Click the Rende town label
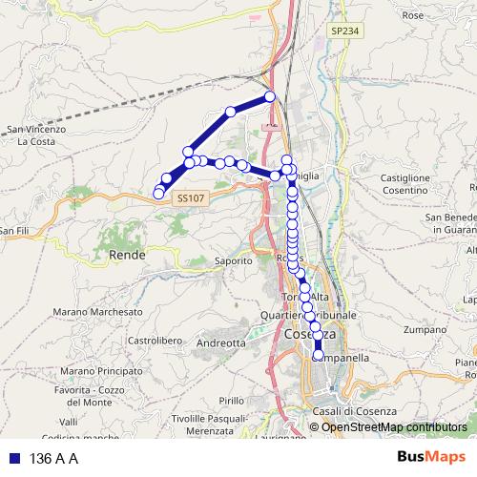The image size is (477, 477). click(127, 256)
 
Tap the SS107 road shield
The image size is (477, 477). click(189, 197)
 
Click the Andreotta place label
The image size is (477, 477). click(220, 342)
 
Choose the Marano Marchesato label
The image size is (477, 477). click(97, 311)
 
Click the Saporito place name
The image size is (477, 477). click(232, 259)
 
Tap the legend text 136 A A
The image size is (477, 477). click(53, 458)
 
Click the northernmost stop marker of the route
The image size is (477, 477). click(270, 96)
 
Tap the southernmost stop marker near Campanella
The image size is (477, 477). click(319, 357)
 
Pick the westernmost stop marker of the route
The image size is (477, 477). click(158, 194)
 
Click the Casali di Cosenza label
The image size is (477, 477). click(352, 410)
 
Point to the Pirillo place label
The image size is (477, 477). click(232, 401)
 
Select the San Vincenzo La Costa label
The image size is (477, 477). click(35, 135)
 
